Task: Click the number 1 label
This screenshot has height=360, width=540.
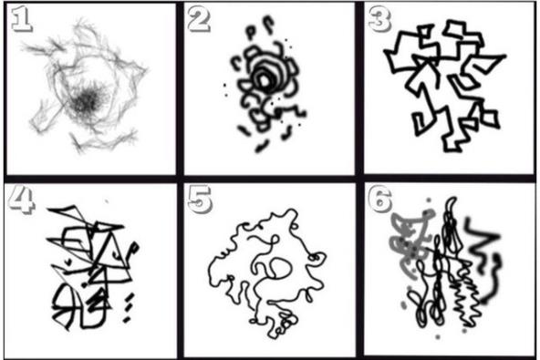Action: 21,21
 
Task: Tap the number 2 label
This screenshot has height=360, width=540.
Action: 199,20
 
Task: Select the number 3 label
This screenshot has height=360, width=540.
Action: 379,20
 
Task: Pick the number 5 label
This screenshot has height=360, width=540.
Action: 200,199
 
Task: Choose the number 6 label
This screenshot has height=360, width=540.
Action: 379,200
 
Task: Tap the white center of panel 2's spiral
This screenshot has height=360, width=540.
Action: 265,81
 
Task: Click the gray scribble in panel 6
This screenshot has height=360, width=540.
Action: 410,241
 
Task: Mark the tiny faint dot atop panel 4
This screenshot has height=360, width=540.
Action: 107,201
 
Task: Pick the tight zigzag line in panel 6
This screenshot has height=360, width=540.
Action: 468,293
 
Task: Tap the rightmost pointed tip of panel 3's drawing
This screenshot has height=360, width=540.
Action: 505,55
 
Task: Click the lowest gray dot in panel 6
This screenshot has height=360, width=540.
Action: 438,336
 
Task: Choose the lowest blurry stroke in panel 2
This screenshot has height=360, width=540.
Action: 263,146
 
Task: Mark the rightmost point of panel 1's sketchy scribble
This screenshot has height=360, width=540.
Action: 148,70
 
